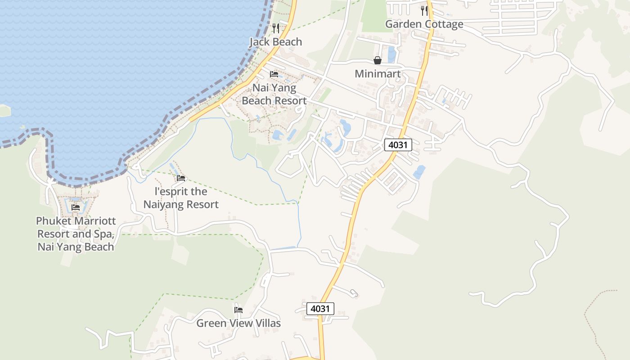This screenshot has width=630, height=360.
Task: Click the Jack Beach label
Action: tap(275, 42)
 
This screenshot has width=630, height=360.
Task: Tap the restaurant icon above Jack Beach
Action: tap(276, 28)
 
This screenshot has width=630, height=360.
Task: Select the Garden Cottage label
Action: tap(424, 24)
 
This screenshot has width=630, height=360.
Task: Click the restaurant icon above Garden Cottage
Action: tap(424, 11)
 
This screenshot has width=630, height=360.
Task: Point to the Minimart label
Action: tap(378, 74)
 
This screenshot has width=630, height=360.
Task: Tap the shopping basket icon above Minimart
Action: tap(378, 60)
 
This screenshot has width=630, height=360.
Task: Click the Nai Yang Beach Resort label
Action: tap(274, 94)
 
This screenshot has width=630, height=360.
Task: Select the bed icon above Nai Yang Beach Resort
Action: tap(274, 74)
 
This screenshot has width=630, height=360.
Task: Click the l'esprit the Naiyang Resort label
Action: tap(181, 198)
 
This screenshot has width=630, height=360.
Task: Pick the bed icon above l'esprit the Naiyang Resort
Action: tap(181, 178)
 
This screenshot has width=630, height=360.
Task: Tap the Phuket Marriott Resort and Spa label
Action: tap(76, 234)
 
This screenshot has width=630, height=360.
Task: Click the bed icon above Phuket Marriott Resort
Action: tap(76, 207)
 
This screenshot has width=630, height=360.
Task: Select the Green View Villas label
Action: tap(238, 323)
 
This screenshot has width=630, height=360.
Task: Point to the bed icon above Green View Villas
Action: tap(238, 310)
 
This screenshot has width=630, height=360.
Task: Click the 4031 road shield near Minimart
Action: tap(398, 145)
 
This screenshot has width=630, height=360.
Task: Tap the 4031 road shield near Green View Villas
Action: tap(320, 309)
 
